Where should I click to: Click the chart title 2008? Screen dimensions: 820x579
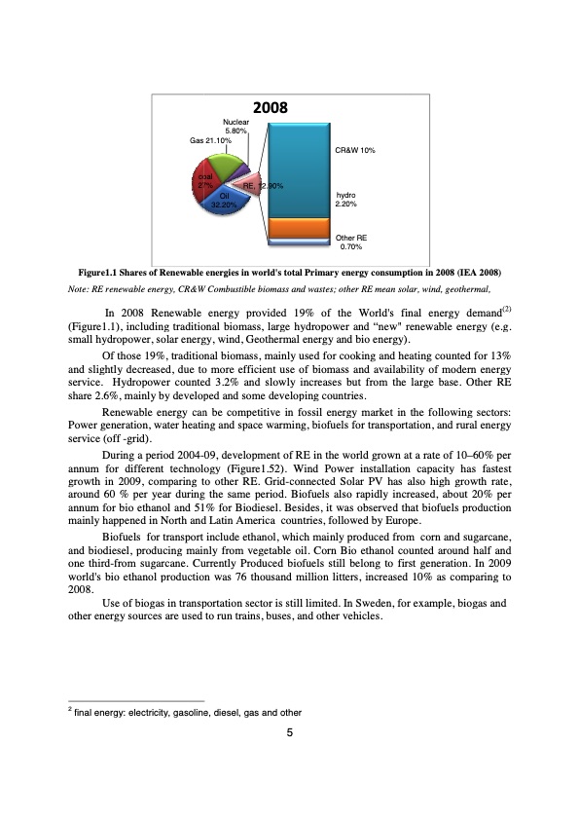(x=276, y=108)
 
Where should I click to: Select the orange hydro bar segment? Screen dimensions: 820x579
(x=298, y=228)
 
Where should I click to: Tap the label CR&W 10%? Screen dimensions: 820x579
(x=355, y=151)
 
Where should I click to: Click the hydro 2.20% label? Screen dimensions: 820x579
(x=346, y=200)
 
